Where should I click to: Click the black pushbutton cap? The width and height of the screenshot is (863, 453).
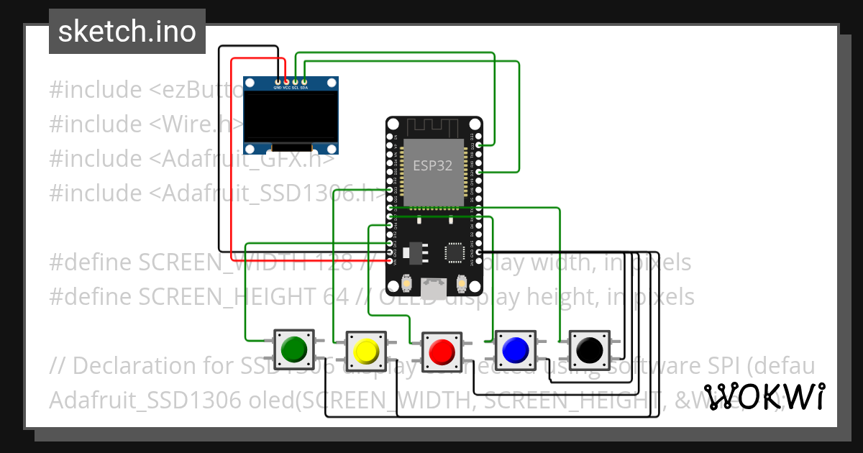click(590, 350)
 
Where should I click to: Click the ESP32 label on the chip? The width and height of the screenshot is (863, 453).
click(433, 165)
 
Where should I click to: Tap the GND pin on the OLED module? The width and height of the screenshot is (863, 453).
click(278, 82)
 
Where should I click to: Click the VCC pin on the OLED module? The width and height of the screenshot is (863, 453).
click(286, 82)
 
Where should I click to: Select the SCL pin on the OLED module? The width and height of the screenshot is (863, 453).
click(296, 82)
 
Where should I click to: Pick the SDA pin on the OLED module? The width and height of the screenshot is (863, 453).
click(304, 82)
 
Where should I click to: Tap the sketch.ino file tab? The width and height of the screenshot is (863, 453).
click(127, 32)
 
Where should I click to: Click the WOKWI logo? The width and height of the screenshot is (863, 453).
click(764, 396)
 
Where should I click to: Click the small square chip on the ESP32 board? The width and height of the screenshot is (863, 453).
click(455, 252)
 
